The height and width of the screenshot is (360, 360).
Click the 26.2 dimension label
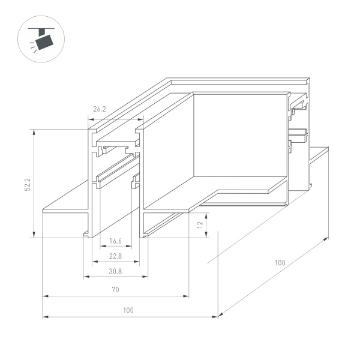coord(100,110)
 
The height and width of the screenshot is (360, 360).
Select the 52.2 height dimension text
coord(27,183)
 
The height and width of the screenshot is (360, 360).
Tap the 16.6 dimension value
coord(116,241)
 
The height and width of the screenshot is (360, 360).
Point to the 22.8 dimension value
coord(116,256)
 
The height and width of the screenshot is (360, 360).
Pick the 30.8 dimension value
coord(116,271)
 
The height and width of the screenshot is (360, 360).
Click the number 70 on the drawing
coord(116,290)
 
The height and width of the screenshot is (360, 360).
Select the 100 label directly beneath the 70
coord(128,310)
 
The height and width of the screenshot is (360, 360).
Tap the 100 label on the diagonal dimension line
coord(280,263)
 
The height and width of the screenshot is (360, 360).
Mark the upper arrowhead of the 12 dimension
coord(207,214)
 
